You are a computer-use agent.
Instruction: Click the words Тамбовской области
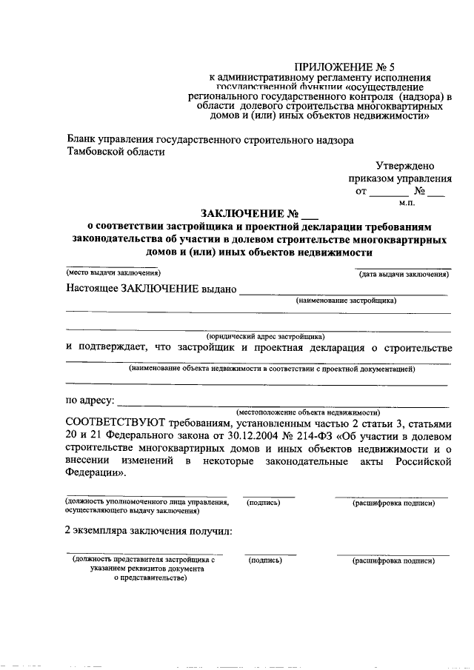116,152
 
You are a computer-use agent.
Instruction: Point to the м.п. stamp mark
407,202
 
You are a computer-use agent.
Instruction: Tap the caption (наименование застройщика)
346,300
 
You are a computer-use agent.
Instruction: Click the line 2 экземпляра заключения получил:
148,530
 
